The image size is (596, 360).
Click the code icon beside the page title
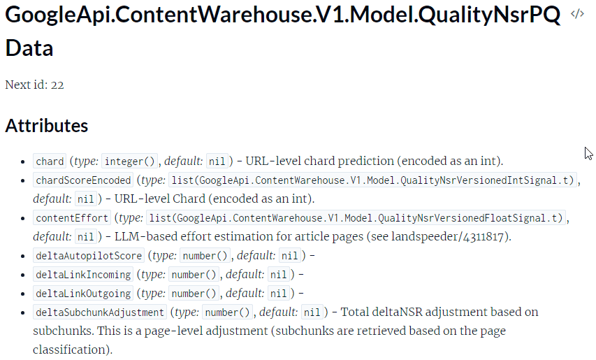pos(577,14)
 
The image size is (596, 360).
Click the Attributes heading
pos(46,125)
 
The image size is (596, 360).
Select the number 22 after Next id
pos(57,85)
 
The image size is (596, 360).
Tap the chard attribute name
pos(50,161)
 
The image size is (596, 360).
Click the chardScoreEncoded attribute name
pos(83,180)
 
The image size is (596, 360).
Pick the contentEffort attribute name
pos(72,218)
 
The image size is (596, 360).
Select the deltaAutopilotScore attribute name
pos(89,255)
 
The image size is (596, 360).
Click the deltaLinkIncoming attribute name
pos(83,275)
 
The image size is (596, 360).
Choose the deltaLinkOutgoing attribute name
pos(83,294)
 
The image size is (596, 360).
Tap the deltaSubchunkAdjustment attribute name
pos(100,312)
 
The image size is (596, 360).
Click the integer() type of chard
pos(130,161)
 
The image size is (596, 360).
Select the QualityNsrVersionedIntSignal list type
pos(372,180)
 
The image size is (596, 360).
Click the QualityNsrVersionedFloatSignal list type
pos(356,218)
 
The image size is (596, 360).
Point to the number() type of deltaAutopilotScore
pos(205,255)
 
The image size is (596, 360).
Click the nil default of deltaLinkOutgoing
pos(278,294)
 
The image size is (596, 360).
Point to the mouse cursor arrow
pos(588,153)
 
